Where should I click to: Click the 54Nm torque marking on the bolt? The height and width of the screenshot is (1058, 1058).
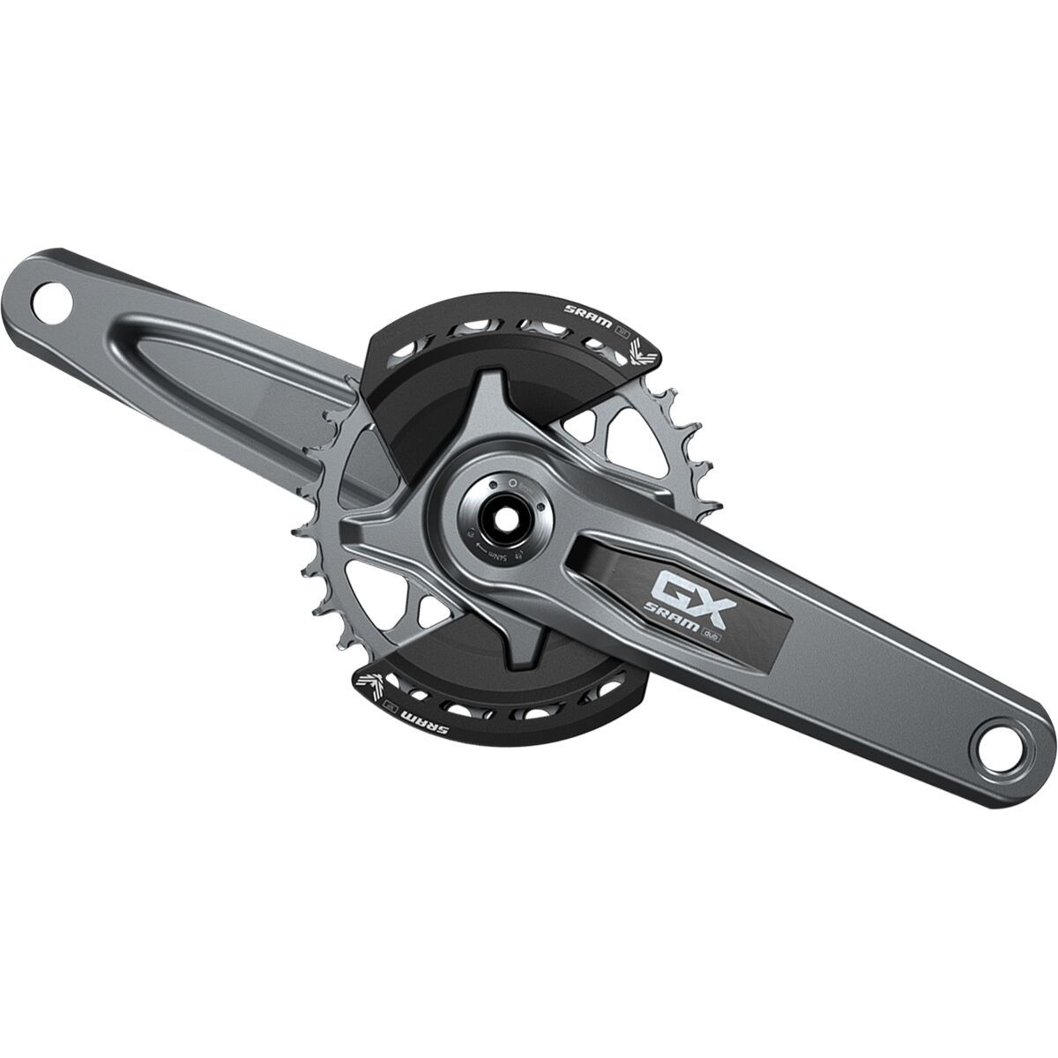point(496,554)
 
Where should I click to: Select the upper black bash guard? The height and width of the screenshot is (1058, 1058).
point(494,353)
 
